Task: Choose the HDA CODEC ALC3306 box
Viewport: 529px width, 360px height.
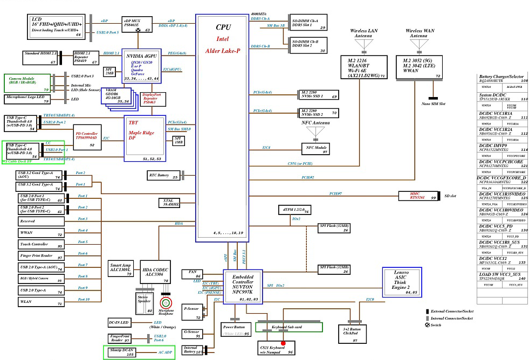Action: coord(155,273)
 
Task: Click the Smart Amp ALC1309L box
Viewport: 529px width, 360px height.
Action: coord(122,269)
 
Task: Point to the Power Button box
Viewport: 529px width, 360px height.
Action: coord(235,329)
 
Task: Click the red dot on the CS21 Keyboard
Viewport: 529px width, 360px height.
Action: coord(283,343)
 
